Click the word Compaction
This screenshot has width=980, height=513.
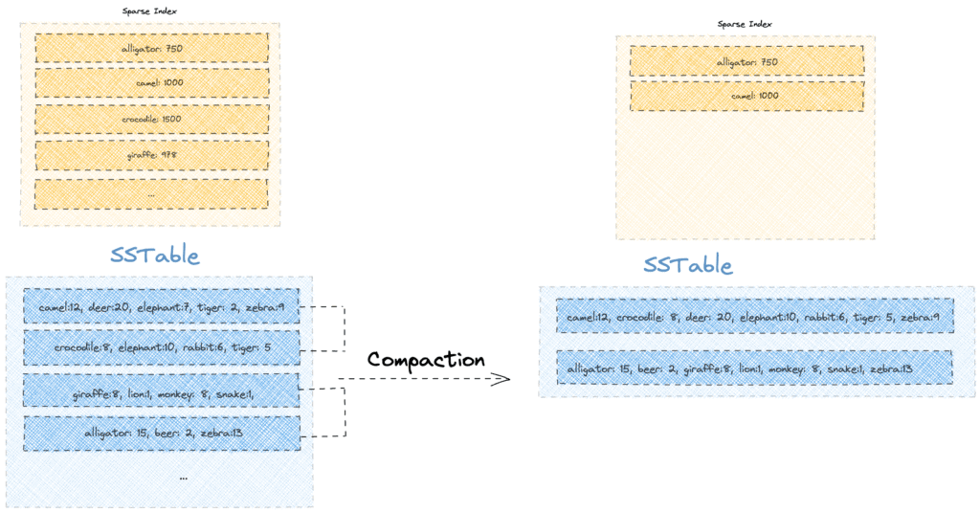point(426,360)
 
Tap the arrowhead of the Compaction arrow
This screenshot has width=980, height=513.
point(502,380)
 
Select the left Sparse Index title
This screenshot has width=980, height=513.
point(149,11)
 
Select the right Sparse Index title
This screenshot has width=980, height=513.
point(745,24)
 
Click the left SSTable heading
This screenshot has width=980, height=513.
point(154,256)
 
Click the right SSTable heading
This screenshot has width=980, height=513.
point(688,265)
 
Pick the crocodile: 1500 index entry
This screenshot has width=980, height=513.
point(151,119)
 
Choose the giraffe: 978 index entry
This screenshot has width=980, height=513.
point(151,155)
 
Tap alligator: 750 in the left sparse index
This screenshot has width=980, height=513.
point(151,48)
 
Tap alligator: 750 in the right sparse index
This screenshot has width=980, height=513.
point(746,61)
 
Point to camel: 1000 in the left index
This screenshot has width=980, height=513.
point(151,83)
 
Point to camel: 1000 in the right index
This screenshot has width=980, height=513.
point(746,97)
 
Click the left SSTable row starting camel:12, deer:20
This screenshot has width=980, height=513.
point(161,307)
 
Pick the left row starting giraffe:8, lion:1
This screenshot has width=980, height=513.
point(161,391)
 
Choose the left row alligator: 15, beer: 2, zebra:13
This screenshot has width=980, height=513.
point(161,434)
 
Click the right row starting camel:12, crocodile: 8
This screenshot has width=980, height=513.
point(754,317)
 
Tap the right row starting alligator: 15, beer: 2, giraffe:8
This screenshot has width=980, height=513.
point(754,368)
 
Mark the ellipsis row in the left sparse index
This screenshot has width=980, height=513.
point(151,193)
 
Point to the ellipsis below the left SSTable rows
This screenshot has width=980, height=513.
point(183,477)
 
